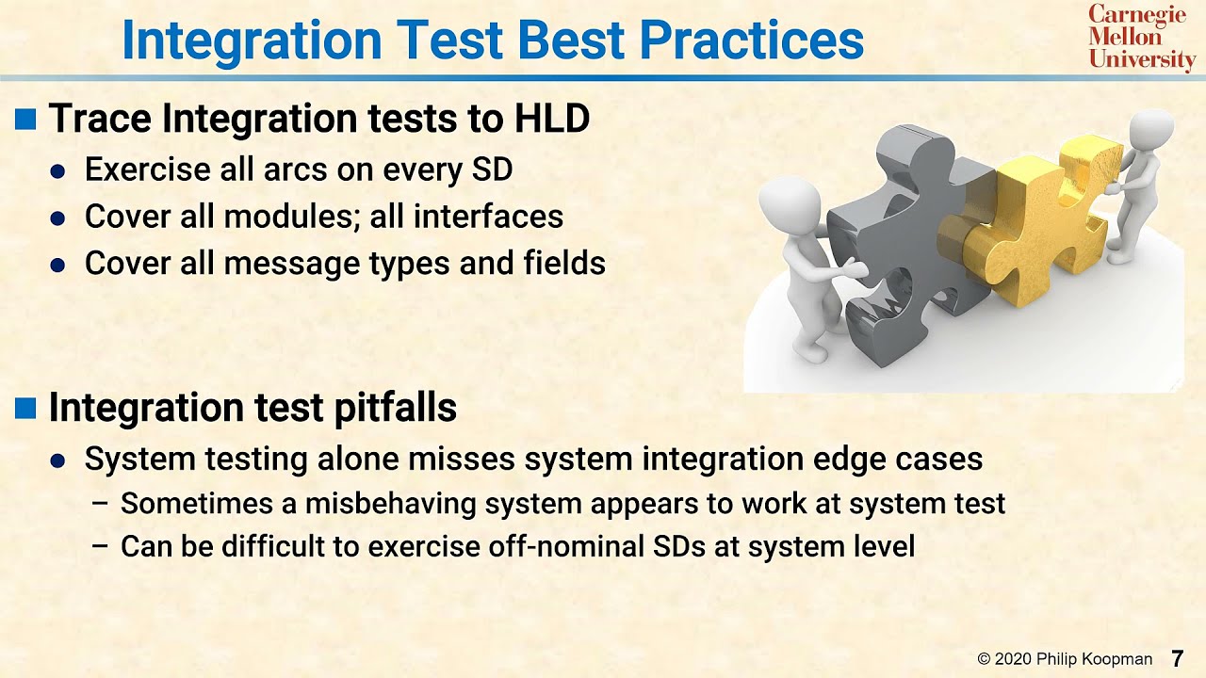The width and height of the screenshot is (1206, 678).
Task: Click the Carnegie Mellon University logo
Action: point(1141,38)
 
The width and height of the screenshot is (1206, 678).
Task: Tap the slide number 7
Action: point(1177,659)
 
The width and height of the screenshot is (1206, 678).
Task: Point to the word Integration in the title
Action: point(252,40)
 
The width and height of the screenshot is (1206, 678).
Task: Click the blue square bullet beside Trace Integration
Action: point(26,120)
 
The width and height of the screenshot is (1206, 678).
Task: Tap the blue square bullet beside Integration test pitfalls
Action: point(26,408)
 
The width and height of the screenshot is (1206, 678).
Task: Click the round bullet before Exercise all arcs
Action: point(58,171)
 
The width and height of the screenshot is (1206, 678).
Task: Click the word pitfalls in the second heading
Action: point(396,408)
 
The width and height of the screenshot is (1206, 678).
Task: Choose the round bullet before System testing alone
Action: point(58,460)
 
